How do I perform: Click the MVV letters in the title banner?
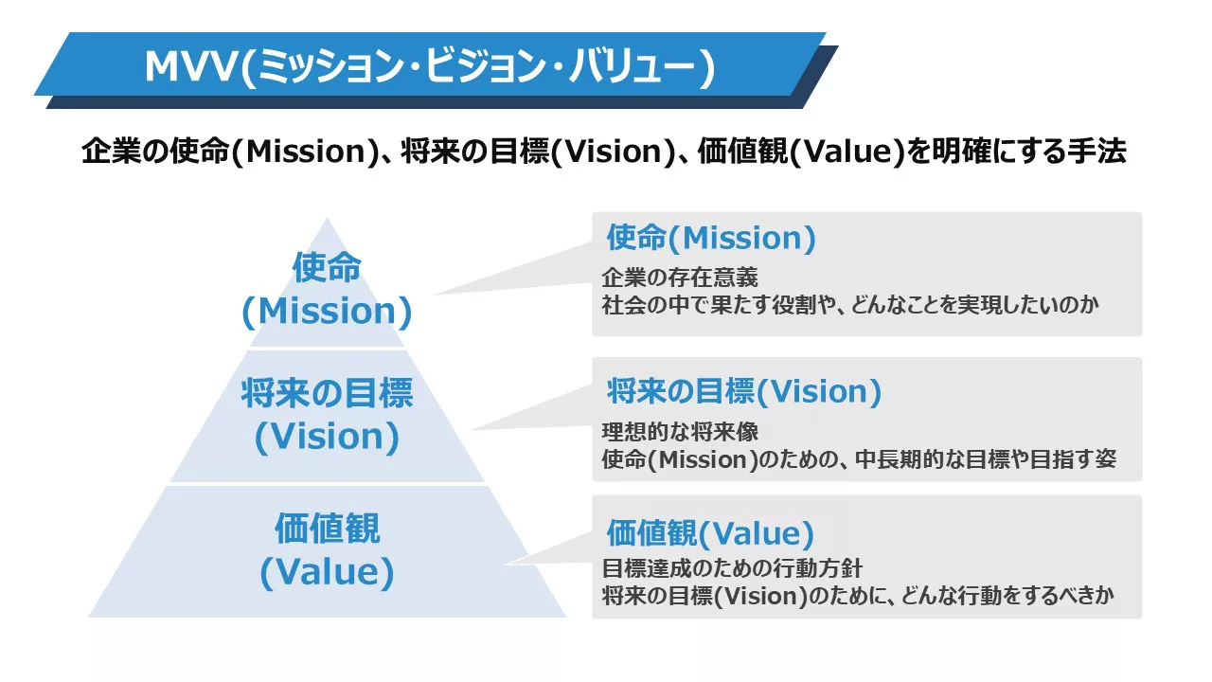tap(191, 67)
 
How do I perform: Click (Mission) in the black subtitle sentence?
tap(306, 152)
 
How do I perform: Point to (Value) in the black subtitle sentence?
tap(847, 152)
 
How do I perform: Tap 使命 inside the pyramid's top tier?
tap(327, 267)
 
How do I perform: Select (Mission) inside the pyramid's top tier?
tap(327, 312)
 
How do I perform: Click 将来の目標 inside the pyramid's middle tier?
tap(327, 392)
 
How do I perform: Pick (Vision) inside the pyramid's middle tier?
tap(327, 437)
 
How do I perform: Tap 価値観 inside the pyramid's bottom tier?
tap(327, 529)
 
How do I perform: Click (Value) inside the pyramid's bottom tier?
tap(327, 572)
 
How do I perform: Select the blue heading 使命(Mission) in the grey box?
tap(711, 238)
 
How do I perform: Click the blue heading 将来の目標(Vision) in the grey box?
tap(744, 391)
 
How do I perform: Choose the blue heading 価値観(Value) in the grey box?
tap(710, 533)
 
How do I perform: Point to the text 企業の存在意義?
tap(680, 278)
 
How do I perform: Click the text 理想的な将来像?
tap(680, 431)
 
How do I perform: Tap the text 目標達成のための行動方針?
tap(732, 568)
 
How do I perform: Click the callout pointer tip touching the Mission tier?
tap(435, 295)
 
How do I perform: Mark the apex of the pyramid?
tap(327, 218)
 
